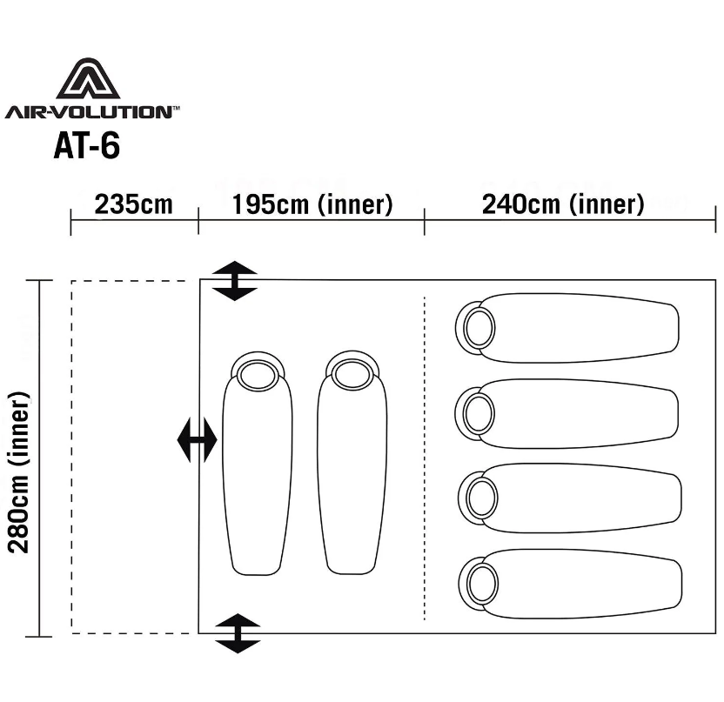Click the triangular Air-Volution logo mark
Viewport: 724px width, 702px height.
[88, 79]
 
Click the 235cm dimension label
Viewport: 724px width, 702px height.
[133, 204]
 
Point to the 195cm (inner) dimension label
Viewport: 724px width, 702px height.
[312, 204]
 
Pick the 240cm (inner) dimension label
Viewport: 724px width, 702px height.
[563, 204]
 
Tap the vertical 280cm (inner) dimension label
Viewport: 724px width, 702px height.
[19, 472]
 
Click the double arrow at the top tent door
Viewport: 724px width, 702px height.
[235, 281]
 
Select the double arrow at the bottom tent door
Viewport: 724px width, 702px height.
[238, 633]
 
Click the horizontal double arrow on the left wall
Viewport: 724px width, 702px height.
[198, 440]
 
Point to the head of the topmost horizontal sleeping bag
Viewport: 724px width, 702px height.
[475, 328]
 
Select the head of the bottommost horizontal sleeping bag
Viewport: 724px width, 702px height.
[479, 583]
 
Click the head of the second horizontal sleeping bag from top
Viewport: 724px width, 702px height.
[475, 413]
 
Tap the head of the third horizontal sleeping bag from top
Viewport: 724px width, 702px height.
[478, 498]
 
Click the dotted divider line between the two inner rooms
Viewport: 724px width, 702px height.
[425, 458]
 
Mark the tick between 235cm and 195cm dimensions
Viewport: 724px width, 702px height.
[198, 221]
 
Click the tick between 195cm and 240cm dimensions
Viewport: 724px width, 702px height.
[425, 221]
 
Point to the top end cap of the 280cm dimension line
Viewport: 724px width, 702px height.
[39, 281]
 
